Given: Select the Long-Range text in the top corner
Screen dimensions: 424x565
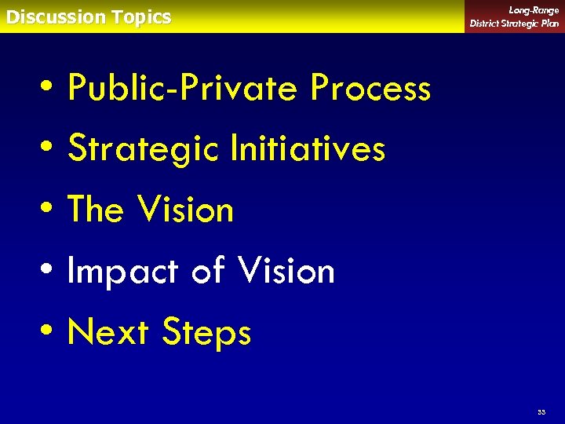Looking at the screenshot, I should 534,10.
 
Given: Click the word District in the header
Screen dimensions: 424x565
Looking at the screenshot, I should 486,24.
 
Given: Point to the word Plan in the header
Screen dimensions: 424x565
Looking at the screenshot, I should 549,24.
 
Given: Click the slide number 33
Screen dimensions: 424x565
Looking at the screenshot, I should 541,411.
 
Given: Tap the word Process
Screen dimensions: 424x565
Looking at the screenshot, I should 370,88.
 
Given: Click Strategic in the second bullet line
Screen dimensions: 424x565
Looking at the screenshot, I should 144,149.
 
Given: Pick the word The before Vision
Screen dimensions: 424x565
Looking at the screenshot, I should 96,210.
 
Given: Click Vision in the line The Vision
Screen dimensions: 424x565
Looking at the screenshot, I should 185,210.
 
